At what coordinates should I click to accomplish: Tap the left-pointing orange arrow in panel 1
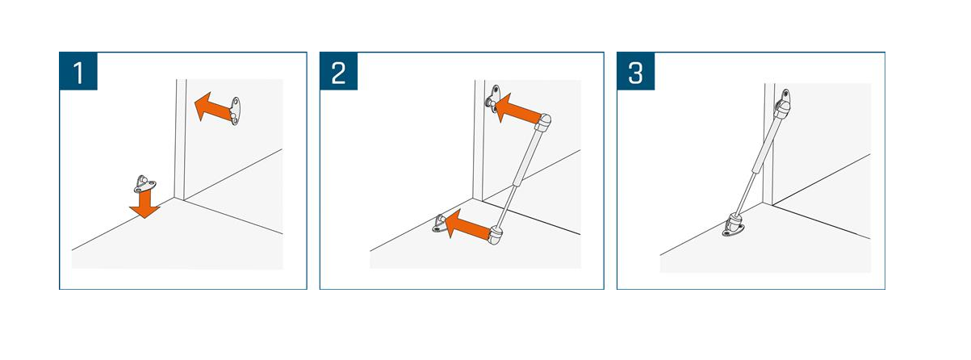coord(211,107)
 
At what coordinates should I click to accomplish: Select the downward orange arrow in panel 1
coord(144,203)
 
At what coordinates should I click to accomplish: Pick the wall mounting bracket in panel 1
coord(235,111)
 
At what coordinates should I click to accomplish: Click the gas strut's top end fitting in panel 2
coord(545,123)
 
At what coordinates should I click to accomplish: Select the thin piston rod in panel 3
coord(748,191)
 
